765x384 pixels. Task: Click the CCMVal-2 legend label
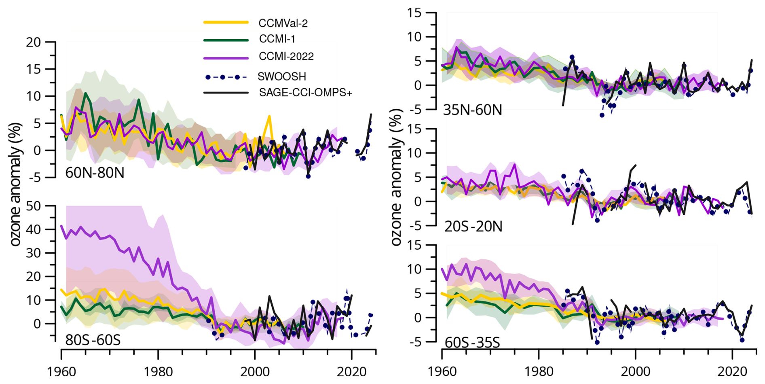pos(283,23)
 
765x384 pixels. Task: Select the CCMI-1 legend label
pos(277,39)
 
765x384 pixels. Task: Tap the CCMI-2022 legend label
pos(286,57)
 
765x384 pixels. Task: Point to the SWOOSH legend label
pos(282,76)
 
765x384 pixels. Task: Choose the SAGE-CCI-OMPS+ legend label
pos(305,93)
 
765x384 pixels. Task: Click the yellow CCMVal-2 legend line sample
pos(226,23)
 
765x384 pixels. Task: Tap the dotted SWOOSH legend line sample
pos(226,77)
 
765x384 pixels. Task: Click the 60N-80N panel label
pos(95,173)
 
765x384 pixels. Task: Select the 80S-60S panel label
pos(93,340)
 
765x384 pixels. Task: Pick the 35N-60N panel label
pos(472,110)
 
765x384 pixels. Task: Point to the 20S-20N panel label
pos(473,227)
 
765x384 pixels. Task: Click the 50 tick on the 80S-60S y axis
pos(33,206)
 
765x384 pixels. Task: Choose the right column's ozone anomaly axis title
pos(396,177)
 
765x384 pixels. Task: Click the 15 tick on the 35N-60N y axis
pos(414,13)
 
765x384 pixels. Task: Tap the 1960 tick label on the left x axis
pos(61,371)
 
